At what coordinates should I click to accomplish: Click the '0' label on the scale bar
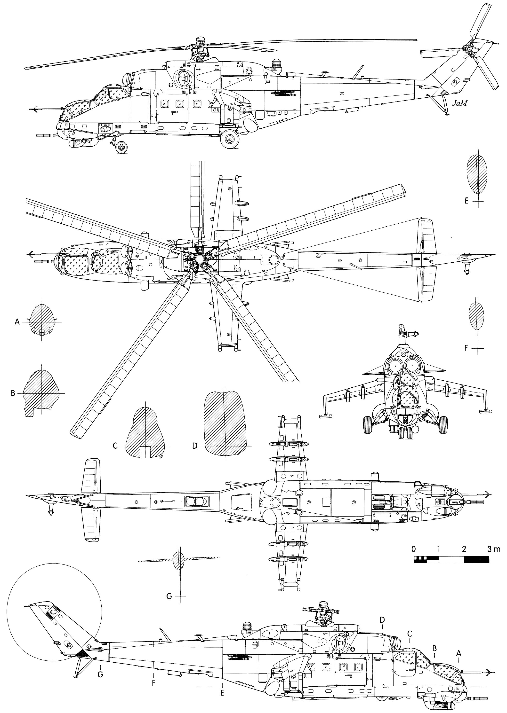tap(414, 549)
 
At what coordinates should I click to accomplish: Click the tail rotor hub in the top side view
tap(468, 49)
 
